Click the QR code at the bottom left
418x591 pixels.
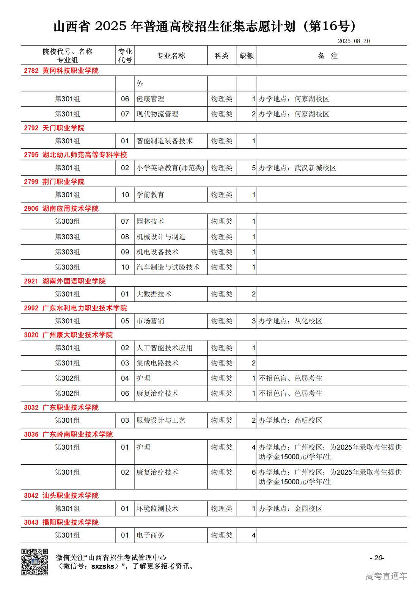[35, 562]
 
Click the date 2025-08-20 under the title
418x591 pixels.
[354, 41]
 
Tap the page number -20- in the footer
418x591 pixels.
[377, 558]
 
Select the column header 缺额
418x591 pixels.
[247, 56]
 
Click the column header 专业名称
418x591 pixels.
[171, 56]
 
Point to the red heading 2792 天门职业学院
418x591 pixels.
[54, 128]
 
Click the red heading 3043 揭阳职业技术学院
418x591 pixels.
[61, 522]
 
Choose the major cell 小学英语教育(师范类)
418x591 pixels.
[170, 168]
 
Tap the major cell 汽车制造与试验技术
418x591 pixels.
[168, 267]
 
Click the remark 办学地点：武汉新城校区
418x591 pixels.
[297, 168]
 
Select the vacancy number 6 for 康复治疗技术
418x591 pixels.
[253, 472]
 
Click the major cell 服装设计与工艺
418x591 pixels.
[161, 420]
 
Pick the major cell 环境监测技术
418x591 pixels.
[157, 508]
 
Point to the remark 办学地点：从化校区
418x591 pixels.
[291, 321]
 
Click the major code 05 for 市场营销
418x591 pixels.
[125, 321]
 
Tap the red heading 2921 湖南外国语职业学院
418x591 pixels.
[65, 281]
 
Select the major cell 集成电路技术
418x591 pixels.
[157, 363]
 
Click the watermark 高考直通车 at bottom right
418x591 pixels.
[386, 576]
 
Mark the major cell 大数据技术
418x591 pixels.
[154, 294]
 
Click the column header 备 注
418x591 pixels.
[328, 56]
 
